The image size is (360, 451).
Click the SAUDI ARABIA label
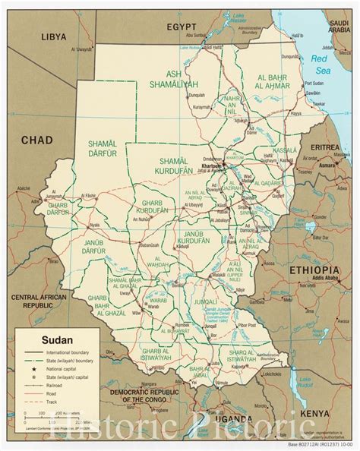(339, 26)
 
